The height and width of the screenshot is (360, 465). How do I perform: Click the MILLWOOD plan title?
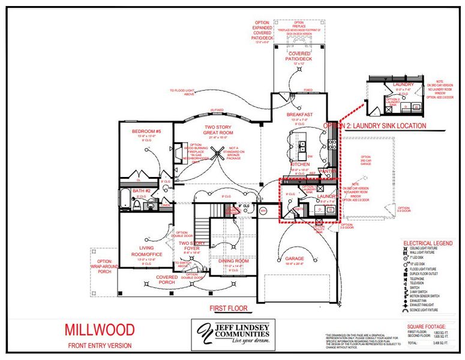(x=99, y=329)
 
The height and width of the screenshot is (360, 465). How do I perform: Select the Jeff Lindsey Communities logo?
(x=233, y=334)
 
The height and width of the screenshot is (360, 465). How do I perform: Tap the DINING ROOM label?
(x=233, y=261)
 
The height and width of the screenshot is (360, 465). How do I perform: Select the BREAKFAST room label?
(x=300, y=115)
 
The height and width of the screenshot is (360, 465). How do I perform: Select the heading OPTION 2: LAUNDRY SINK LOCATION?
(x=374, y=126)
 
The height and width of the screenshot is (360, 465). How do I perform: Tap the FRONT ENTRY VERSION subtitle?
(x=100, y=346)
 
